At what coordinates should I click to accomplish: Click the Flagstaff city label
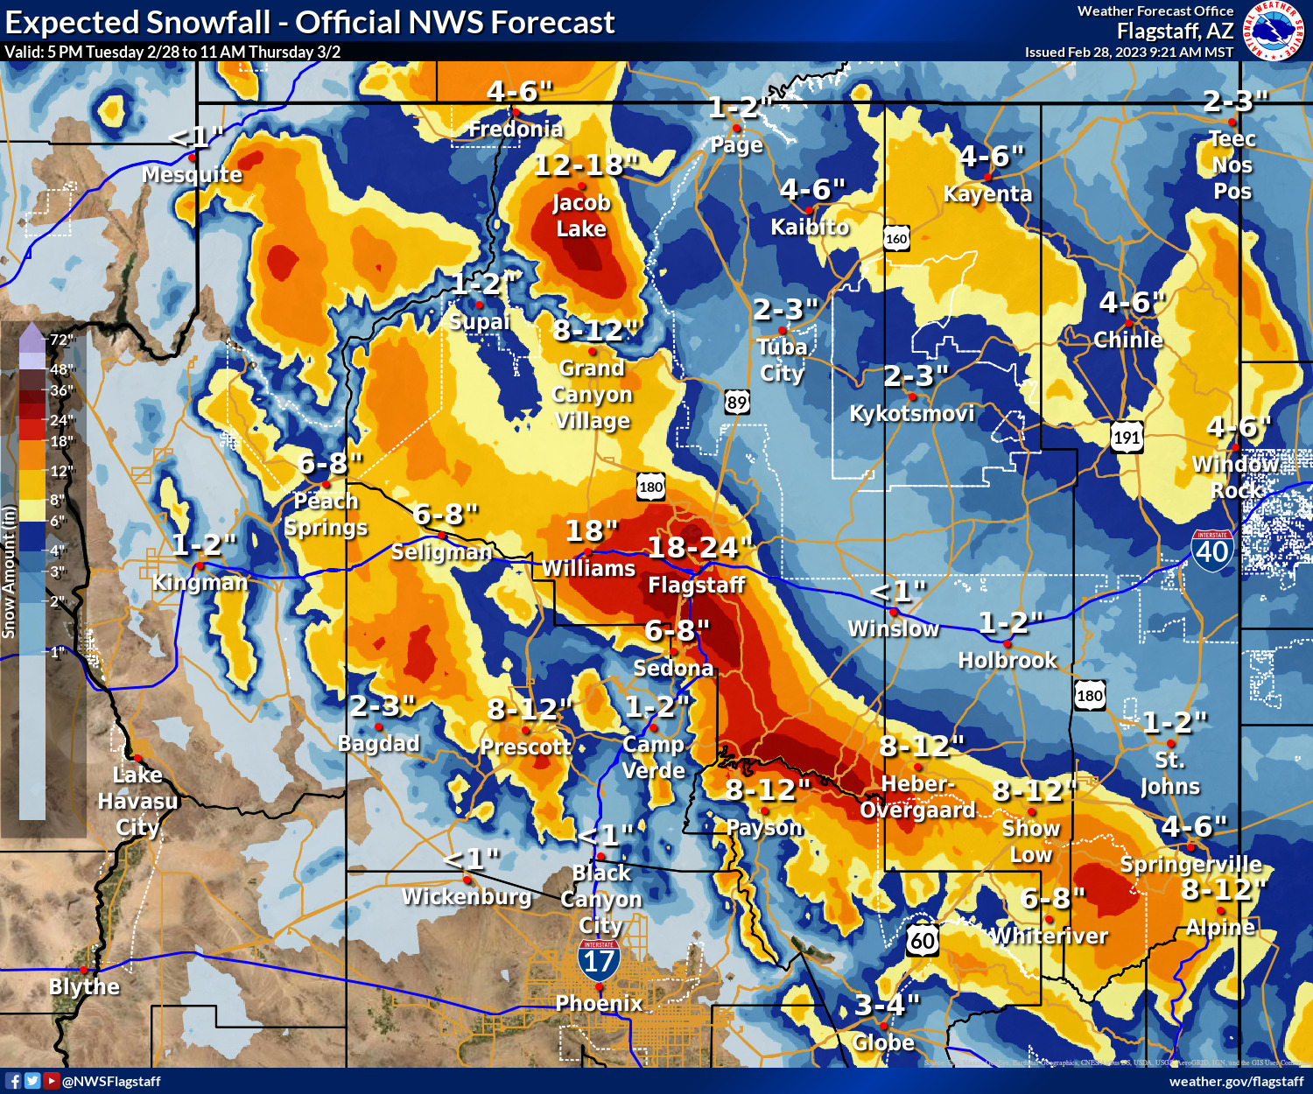tap(696, 585)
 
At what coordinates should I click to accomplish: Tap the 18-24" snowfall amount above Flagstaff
tap(698, 548)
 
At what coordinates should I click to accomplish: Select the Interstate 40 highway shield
tap(1212, 550)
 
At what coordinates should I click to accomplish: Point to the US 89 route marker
tap(737, 403)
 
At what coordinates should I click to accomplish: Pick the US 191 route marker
tap(1127, 438)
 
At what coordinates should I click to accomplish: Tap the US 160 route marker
tap(896, 239)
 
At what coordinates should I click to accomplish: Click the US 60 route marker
tap(923, 941)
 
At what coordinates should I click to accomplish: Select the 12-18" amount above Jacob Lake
tap(586, 165)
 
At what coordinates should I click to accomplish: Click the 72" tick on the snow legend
tap(61, 340)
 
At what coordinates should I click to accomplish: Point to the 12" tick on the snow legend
tap(61, 471)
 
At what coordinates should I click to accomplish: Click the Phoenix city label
tap(599, 1003)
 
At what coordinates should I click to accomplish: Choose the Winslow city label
tap(893, 628)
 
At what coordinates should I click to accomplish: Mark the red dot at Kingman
tap(199, 566)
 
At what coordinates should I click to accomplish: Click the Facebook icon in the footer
tap(13, 1081)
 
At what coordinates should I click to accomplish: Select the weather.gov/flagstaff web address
tap(1235, 1081)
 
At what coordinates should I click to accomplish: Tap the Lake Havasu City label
tap(137, 801)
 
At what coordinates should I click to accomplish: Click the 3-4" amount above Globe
tap(886, 1005)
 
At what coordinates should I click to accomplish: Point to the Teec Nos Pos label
tap(1232, 165)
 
